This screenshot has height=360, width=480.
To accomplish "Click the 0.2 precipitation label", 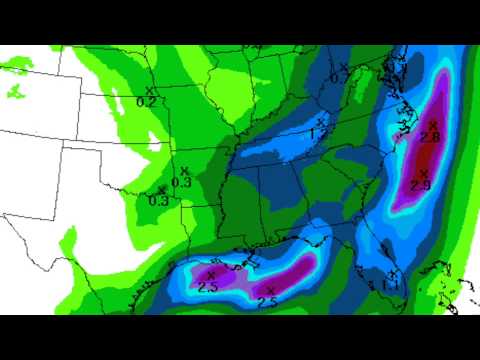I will [145, 102].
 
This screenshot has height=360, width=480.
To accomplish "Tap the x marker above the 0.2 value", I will [149, 91].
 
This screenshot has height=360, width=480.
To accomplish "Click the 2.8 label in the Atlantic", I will [430, 136].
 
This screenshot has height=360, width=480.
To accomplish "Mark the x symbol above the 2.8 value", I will [433, 124].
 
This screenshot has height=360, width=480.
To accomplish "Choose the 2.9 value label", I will [420, 186].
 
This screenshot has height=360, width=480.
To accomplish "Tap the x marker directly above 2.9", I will [423, 174].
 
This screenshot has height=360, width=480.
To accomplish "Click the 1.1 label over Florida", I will [390, 286].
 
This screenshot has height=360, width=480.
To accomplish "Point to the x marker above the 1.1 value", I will [393, 274].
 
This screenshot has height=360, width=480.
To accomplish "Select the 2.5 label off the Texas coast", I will [208, 287].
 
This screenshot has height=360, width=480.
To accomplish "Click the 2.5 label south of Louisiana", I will [267, 302].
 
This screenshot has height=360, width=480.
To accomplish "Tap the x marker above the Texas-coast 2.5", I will [211, 275].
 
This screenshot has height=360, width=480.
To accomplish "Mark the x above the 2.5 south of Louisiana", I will [271, 290].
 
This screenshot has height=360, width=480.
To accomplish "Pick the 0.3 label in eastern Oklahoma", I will [181, 182].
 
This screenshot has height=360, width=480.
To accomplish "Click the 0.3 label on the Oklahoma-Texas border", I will [158, 201].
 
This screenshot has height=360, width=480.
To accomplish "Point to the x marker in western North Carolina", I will [320, 122].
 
